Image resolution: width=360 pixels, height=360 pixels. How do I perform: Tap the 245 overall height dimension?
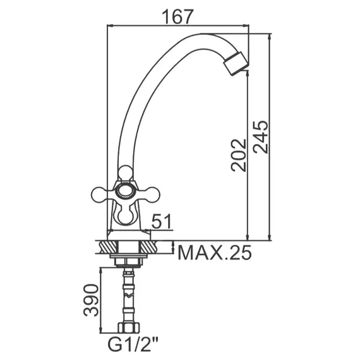[261, 137]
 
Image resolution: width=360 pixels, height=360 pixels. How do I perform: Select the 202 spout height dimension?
[239, 155]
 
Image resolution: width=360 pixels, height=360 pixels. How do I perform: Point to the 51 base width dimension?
[162, 221]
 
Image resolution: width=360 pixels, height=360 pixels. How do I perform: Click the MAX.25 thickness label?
[215, 253]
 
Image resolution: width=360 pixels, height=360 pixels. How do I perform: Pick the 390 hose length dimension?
[91, 300]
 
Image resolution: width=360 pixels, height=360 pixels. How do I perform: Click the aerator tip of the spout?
[236, 64]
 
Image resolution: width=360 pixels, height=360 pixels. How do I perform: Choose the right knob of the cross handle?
[152, 195]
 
